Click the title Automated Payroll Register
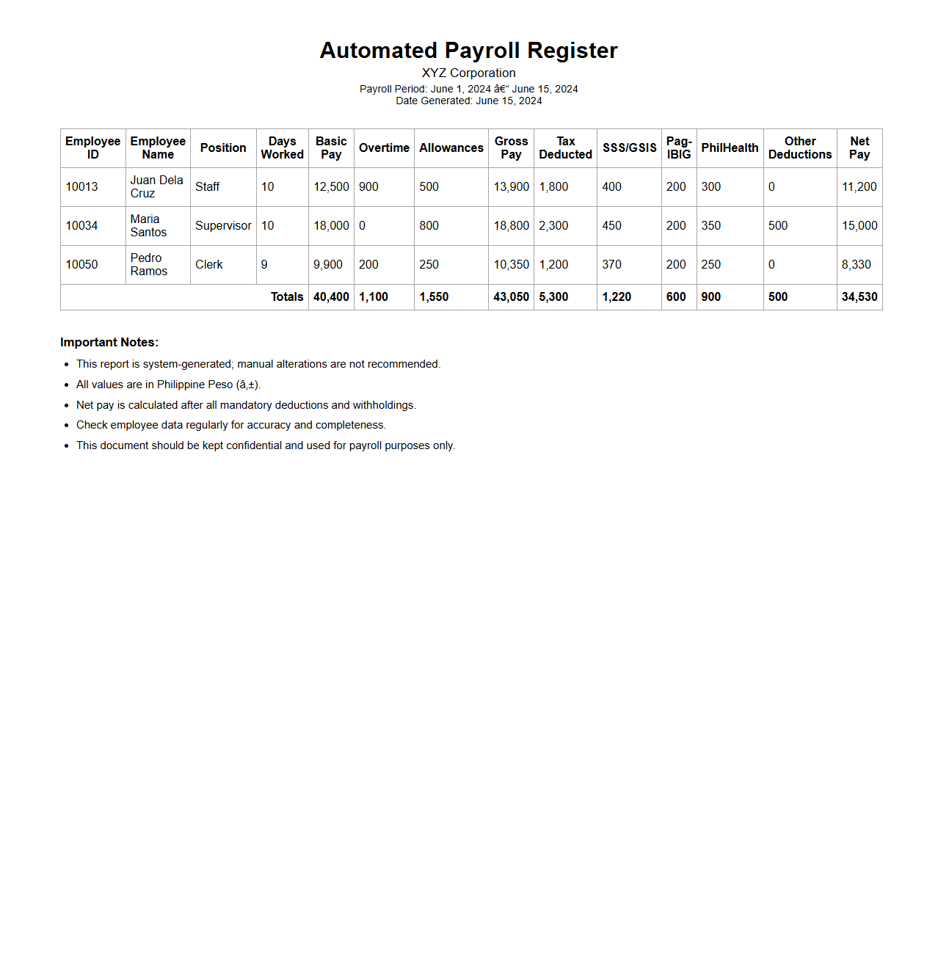(x=468, y=51)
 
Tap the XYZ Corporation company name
(x=468, y=73)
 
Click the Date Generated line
(x=468, y=101)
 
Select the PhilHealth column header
(x=730, y=148)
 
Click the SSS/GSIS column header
(x=629, y=148)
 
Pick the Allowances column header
(x=451, y=148)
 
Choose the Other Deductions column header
(x=800, y=148)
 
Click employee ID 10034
(x=81, y=225)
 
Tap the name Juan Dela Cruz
(x=156, y=186)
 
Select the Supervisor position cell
(x=223, y=225)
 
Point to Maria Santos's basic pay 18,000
(x=331, y=225)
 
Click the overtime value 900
(x=368, y=186)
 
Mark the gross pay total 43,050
(x=511, y=296)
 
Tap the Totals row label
(x=287, y=296)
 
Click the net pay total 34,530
(x=859, y=296)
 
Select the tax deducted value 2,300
(x=553, y=225)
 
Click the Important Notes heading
(x=109, y=342)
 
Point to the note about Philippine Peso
(x=168, y=385)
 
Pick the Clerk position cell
(x=208, y=264)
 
